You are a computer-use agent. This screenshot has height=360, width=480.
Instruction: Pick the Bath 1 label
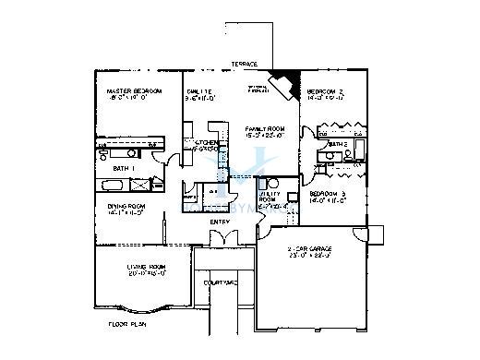click(125, 169)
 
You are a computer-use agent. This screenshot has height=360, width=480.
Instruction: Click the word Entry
click(220, 222)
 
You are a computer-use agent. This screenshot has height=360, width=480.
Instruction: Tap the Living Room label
click(145, 267)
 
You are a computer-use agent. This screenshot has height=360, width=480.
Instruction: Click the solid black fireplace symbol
click(289, 82)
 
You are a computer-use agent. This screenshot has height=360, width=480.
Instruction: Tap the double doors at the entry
click(220, 239)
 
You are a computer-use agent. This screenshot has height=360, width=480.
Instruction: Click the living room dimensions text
click(145, 274)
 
